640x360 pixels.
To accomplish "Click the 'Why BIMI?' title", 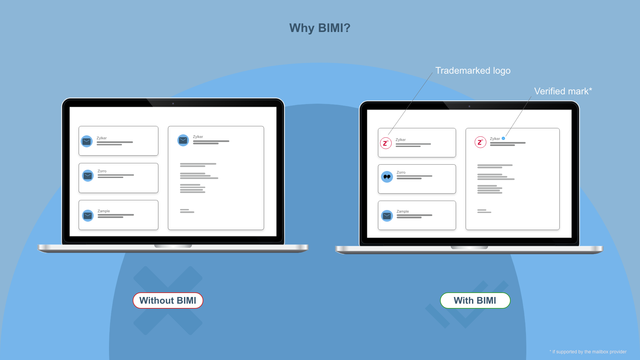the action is [x=320, y=28].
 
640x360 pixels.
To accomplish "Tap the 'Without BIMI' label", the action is [x=168, y=300].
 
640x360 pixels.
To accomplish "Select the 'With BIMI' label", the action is [x=475, y=300].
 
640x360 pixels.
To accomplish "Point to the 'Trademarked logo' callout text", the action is [x=473, y=71].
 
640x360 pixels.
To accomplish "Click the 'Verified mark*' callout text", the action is [x=563, y=91].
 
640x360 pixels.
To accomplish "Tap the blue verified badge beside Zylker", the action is [x=503, y=138].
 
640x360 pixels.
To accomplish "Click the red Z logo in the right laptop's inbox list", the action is [x=386, y=143].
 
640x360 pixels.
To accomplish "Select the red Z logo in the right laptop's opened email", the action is [x=480, y=142].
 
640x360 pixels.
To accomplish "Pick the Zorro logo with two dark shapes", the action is [x=387, y=177].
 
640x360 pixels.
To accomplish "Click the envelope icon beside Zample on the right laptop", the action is [x=387, y=216].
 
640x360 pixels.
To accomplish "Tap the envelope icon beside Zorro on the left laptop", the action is [x=88, y=176].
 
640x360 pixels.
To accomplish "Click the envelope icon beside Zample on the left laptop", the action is [x=88, y=216].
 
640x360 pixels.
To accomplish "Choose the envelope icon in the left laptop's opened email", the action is [x=183, y=140].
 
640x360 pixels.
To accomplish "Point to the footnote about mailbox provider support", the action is [x=588, y=352].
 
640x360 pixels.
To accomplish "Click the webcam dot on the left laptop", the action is [x=173, y=104].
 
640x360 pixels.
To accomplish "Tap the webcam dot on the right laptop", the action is [x=469, y=106].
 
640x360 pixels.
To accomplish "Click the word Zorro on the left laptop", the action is [x=102, y=171].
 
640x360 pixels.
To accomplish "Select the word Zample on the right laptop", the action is [x=403, y=211].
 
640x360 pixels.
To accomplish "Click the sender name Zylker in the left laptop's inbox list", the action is [x=102, y=138].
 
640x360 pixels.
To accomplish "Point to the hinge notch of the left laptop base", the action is [x=173, y=246].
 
